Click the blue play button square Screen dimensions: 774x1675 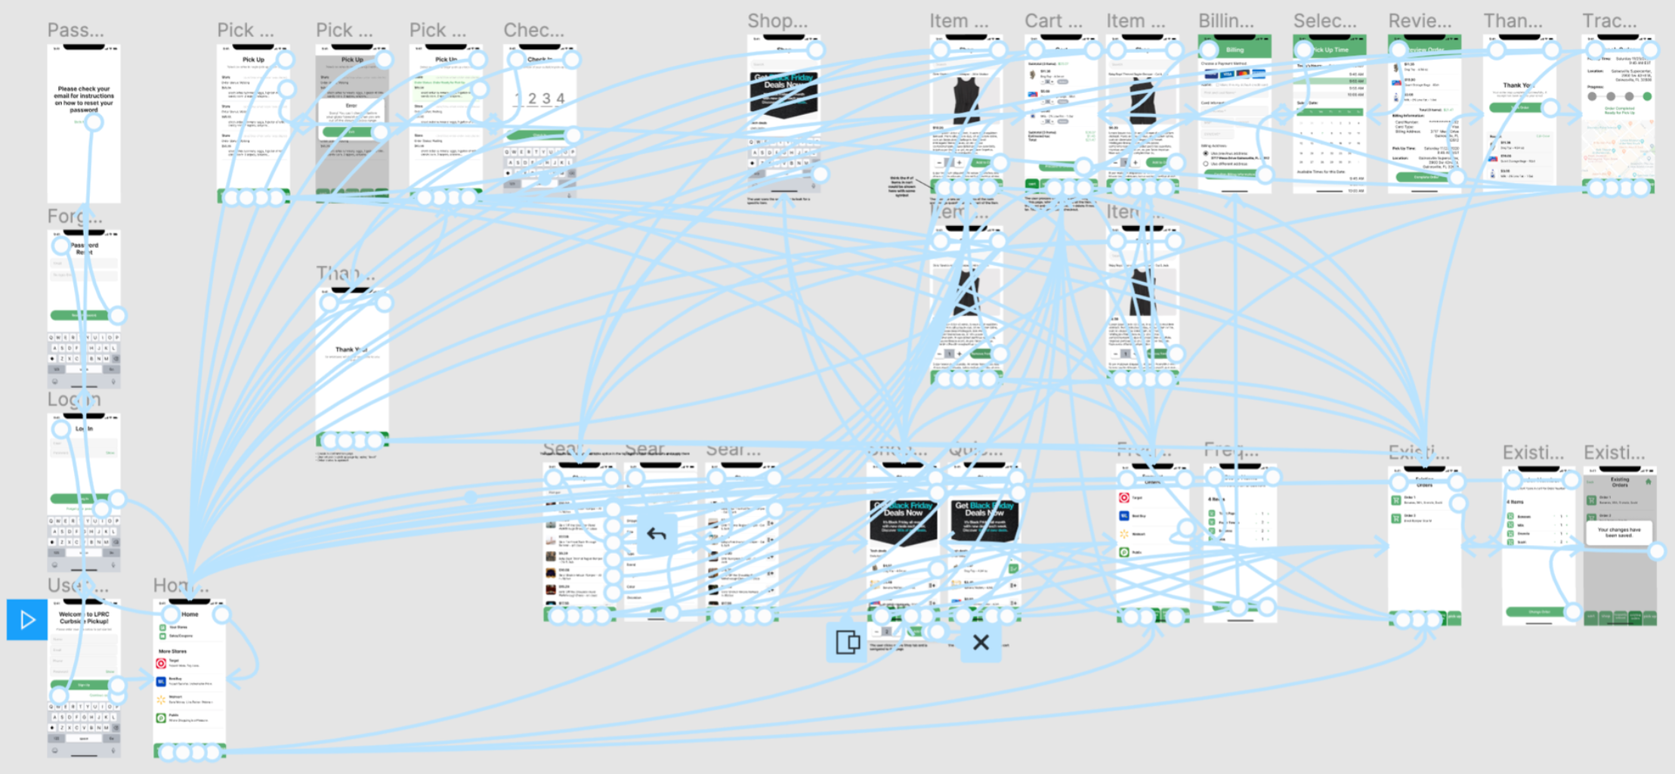pos(27,620)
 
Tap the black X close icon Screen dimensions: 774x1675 pos(981,642)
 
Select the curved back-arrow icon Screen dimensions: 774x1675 pos(657,534)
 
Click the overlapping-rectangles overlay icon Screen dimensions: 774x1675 pos(848,642)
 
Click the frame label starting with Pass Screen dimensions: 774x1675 pos(76,30)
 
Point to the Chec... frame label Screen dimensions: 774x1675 pos(533,30)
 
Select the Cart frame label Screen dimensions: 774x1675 pos(1053,21)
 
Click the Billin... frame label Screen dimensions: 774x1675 pos(1225,21)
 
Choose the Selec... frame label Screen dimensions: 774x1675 pos(1324,21)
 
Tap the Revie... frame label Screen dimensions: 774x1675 pos(1420,21)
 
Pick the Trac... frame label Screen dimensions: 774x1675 pos(1609,21)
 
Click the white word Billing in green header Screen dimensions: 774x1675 pos(1235,50)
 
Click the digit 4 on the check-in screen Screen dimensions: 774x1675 pos(561,98)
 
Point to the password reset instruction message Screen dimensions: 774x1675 pos(84,99)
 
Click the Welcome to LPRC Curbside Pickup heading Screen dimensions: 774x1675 pos(84,618)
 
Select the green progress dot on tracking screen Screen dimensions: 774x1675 pos(1647,97)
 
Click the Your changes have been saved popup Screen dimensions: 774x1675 pos(1618,532)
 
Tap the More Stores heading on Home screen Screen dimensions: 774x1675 pos(172,651)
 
